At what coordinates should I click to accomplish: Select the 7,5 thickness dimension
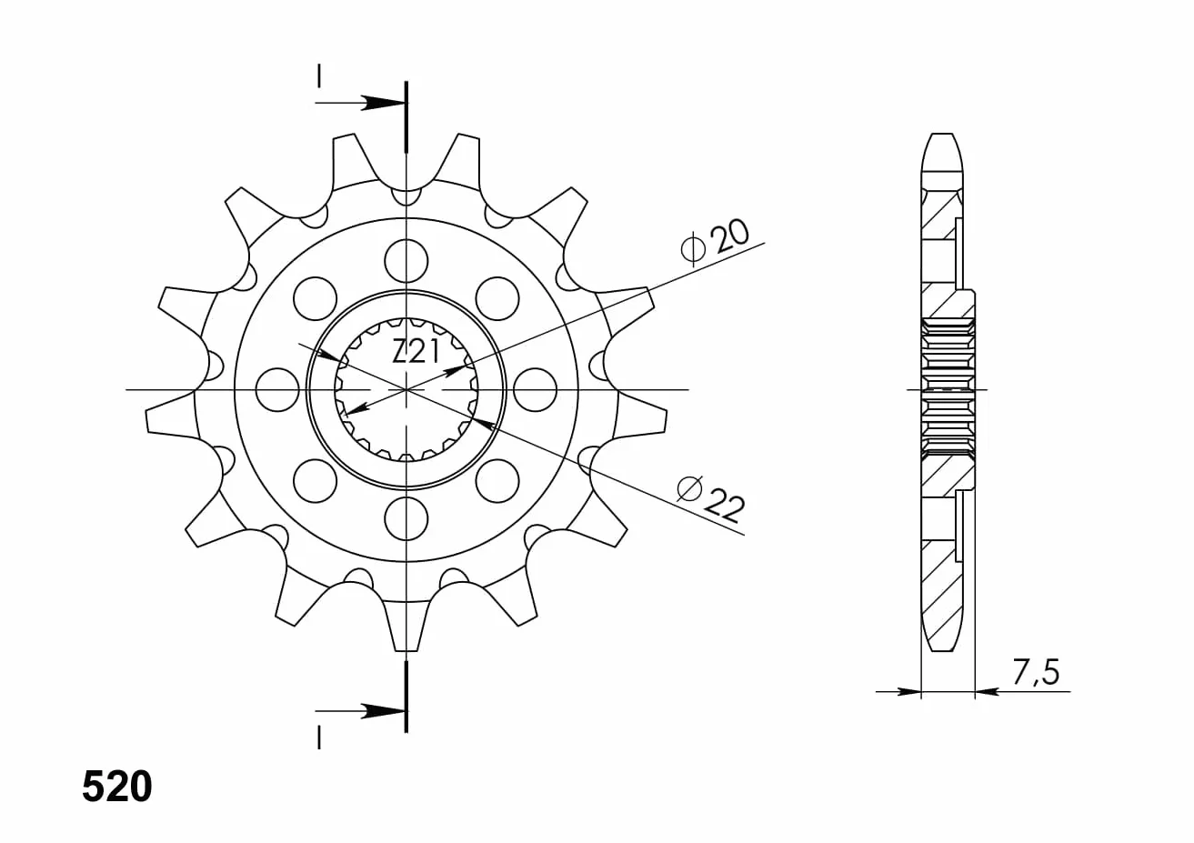(x=1035, y=672)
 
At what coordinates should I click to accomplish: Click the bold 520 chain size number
(x=116, y=787)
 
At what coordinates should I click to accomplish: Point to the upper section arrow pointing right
(x=360, y=103)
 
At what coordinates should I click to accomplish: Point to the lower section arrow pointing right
(x=360, y=711)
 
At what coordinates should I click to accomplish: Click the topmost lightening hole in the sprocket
(x=406, y=261)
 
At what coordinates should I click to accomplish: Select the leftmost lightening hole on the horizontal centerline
(x=277, y=390)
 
